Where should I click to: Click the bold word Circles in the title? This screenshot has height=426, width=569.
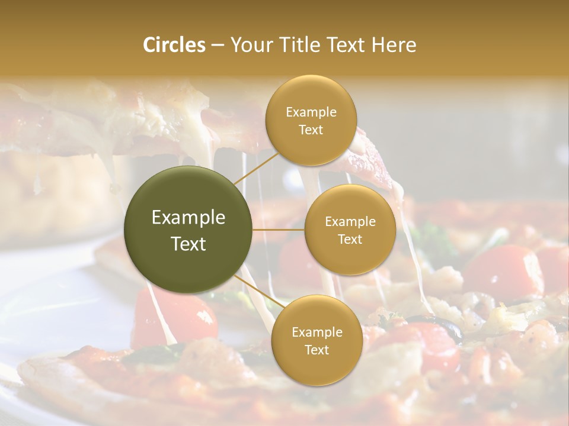pyautogui.click(x=174, y=45)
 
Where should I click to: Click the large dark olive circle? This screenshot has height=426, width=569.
pyautogui.click(x=188, y=230)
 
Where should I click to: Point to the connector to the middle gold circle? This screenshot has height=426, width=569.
pyautogui.click(x=279, y=230)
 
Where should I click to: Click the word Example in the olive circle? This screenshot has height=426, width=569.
pyautogui.click(x=188, y=218)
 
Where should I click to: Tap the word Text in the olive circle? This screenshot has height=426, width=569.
pyautogui.click(x=188, y=244)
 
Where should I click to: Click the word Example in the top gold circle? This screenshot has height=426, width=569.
pyautogui.click(x=311, y=112)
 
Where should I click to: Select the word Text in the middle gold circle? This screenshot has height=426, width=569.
pyautogui.click(x=350, y=239)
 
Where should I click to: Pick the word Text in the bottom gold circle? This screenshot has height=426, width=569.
pyautogui.click(x=317, y=350)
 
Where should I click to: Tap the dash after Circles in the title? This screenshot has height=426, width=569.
pyautogui.click(x=218, y=46)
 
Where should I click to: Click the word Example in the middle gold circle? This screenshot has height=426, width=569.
pyautogui.click(x=350, y=221)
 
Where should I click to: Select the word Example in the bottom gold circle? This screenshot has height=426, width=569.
pyautogui.click(x=317, y=332)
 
